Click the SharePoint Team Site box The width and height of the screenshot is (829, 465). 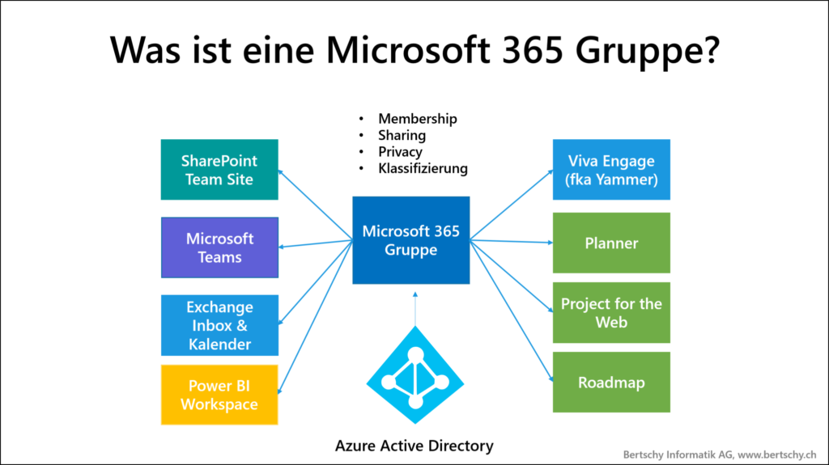(219, 170)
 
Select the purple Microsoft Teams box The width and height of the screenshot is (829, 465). (219, 247)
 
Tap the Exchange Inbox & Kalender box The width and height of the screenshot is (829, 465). (219, 325)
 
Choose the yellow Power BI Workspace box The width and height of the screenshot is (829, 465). (219, 395)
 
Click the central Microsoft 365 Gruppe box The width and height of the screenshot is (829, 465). (410, 240)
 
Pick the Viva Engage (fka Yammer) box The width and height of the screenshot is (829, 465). (611, 170)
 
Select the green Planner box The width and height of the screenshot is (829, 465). (611, 243)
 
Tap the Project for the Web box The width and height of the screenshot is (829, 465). (611, 312)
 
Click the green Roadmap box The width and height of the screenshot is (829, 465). (611, 382)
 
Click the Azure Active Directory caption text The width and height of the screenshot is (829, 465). (414, 446)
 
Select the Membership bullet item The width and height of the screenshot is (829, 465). (417, 119)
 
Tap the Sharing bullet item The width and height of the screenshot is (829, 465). (402, 135)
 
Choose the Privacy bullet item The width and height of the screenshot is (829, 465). (400, 152)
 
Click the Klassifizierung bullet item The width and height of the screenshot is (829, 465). (423, 168)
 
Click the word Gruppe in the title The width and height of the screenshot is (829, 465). (637, 50)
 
